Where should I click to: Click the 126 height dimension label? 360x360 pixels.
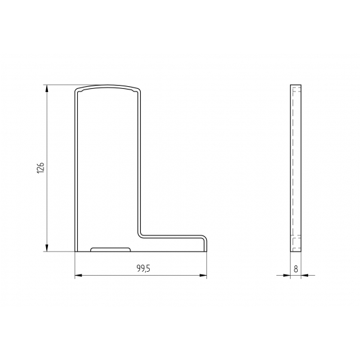[40, 167]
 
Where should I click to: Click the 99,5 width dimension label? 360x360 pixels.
[143, 268]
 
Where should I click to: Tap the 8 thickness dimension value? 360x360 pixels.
[296, 269]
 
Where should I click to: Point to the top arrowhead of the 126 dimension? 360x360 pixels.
[47, 89]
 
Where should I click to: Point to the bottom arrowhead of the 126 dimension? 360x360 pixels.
[47, 248]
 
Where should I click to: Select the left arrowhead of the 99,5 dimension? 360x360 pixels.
[78, 275]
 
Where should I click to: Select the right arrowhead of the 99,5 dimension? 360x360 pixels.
[203, 275]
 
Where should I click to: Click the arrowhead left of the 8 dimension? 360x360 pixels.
[287, 275]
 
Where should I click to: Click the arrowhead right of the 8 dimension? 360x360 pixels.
[305, 275]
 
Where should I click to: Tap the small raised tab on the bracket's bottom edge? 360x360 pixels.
[110, 249]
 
